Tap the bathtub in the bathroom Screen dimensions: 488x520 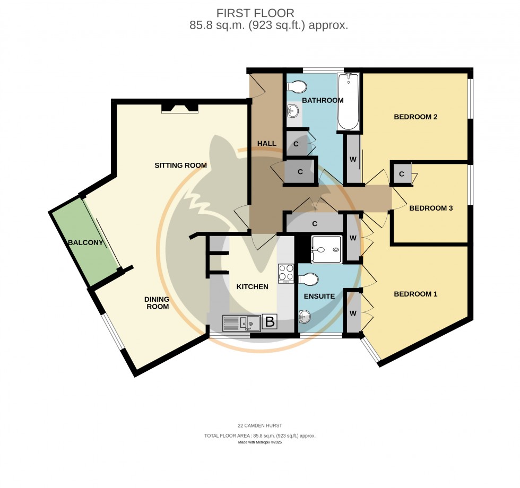point(348,102)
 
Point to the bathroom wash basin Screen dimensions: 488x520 point(292,111)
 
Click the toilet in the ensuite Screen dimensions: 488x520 point(309,279)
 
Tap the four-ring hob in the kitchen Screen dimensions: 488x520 point(286,273)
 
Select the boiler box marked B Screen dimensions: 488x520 point(270,321)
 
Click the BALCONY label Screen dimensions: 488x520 point(85,243)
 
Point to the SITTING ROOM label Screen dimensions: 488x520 point(180,165)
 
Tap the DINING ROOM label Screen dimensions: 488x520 point(157,303)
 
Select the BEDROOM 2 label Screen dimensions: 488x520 point(415,117)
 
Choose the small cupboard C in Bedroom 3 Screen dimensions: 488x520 point(402,174)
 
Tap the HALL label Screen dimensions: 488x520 point(267,143)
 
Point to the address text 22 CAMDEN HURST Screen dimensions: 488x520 point(259,425)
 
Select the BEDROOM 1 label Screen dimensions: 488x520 point(415,294)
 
